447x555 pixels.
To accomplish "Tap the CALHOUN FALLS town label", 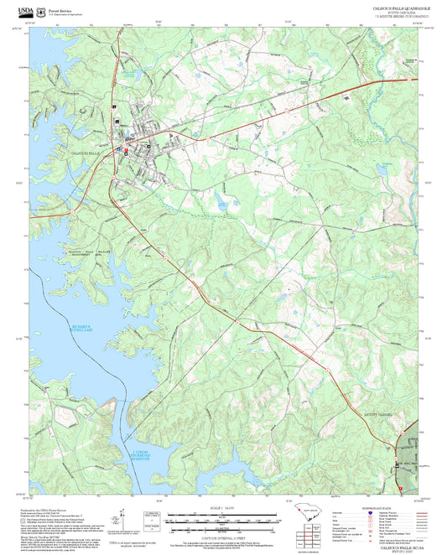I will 87,153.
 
